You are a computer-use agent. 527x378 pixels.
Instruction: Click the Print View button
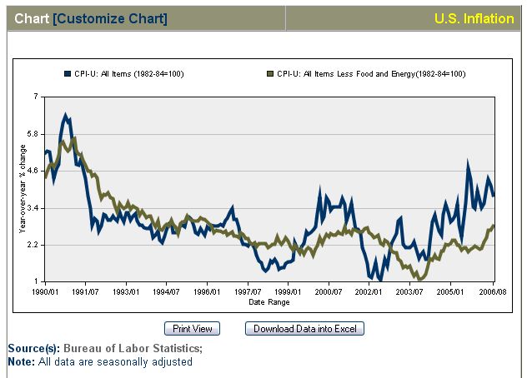click(x=193, y=329)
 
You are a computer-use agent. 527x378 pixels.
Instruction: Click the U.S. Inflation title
click(x=474, y=18)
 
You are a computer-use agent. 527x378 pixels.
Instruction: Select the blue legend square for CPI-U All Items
click(x=68, y=74)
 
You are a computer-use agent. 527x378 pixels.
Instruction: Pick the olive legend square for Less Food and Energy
click(x=271, y=74)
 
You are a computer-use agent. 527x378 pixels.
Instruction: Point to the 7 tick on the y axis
click(x=36, y=97)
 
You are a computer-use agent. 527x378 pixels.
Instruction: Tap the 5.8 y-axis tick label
click(x=33, y=134)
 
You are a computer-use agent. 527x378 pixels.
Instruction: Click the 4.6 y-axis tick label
click(x=33, y=171)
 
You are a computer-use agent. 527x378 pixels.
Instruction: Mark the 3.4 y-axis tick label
click(x=33, y=207)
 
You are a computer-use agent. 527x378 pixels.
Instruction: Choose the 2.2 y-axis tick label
click(x=33, y=244)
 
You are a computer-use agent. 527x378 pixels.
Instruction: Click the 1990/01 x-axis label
click(x=45, y=292)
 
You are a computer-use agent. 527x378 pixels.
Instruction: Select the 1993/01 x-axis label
click(x=126, y=292)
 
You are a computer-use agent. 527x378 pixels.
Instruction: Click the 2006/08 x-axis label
click(x=492, y=292)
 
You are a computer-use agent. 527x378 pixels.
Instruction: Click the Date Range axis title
click(x=269, y=301)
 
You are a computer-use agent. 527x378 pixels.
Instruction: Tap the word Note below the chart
click(x=21, y=361)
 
